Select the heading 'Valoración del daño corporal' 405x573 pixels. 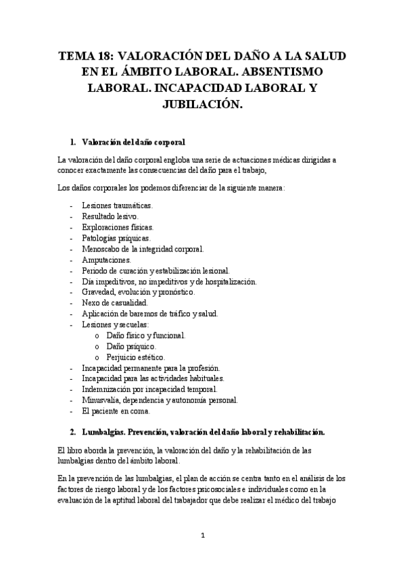[133, 142]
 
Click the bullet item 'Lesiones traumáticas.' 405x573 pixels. [117, 205]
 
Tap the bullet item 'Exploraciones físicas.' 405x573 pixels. [117, 227]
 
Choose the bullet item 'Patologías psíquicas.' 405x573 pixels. [116, 238]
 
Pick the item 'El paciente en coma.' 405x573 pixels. [116, 411]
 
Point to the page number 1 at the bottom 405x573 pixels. [202, 535]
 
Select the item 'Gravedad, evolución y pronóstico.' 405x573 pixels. [137, 292]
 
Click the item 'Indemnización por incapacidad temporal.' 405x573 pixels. [149, 389]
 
